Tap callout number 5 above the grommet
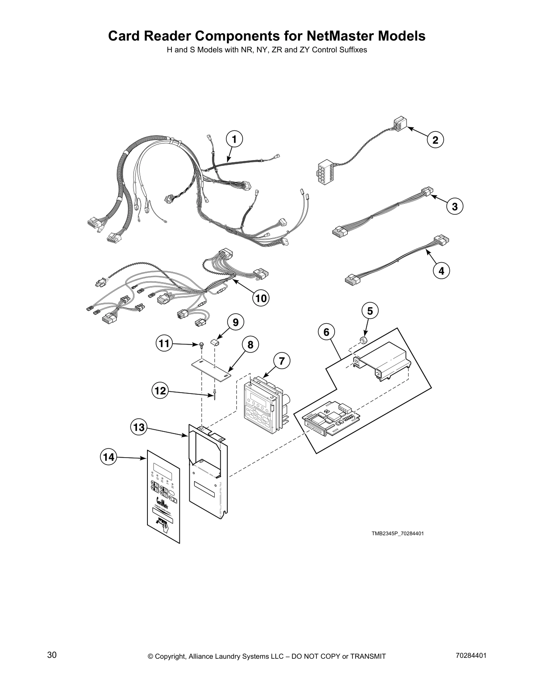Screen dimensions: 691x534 [x=370, y=311]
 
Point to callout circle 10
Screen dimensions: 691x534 [x=260, y=298]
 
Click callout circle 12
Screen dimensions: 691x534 [x=160, y=390]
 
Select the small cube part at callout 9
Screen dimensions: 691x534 [x=215, y=342]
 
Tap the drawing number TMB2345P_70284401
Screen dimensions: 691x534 [x=397, y=534]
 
